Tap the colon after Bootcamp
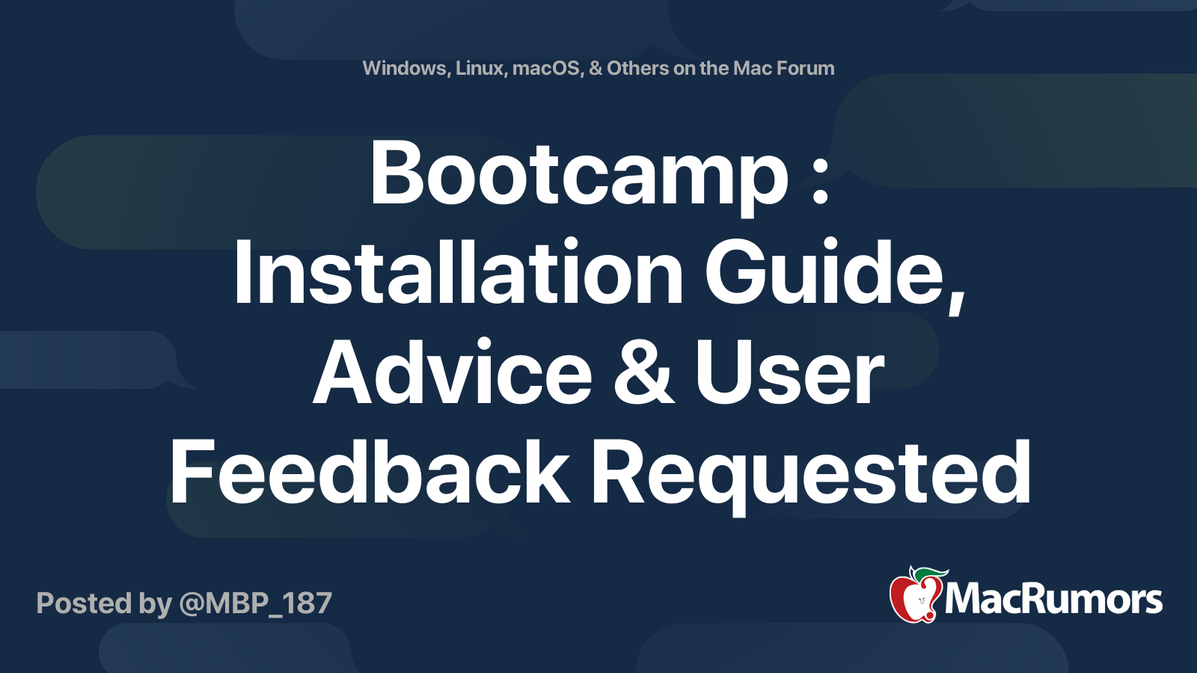[821, 182]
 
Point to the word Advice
[453, 373]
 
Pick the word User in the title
[789, 373]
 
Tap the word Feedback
[370, 473]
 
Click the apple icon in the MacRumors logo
[915, 598]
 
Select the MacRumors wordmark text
[1053, 600]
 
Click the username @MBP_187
[255, 603]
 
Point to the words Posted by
[104, 603]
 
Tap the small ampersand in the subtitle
[596, 69]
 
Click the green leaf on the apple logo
[930, 574]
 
